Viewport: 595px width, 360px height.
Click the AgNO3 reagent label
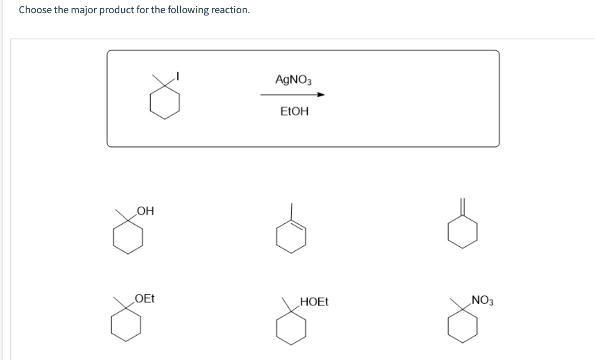coord(294,80)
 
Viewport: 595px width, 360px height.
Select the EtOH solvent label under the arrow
coord(294,111)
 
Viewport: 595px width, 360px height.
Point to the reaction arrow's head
coord(322,95)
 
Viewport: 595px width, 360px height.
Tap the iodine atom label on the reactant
coord(177,76)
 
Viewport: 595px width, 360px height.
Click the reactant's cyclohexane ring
coord(164,103)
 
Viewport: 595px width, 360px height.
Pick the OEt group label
coord(145,299)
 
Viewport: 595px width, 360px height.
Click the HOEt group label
coord(314,303)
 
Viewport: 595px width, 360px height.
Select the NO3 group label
coord(483,302)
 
